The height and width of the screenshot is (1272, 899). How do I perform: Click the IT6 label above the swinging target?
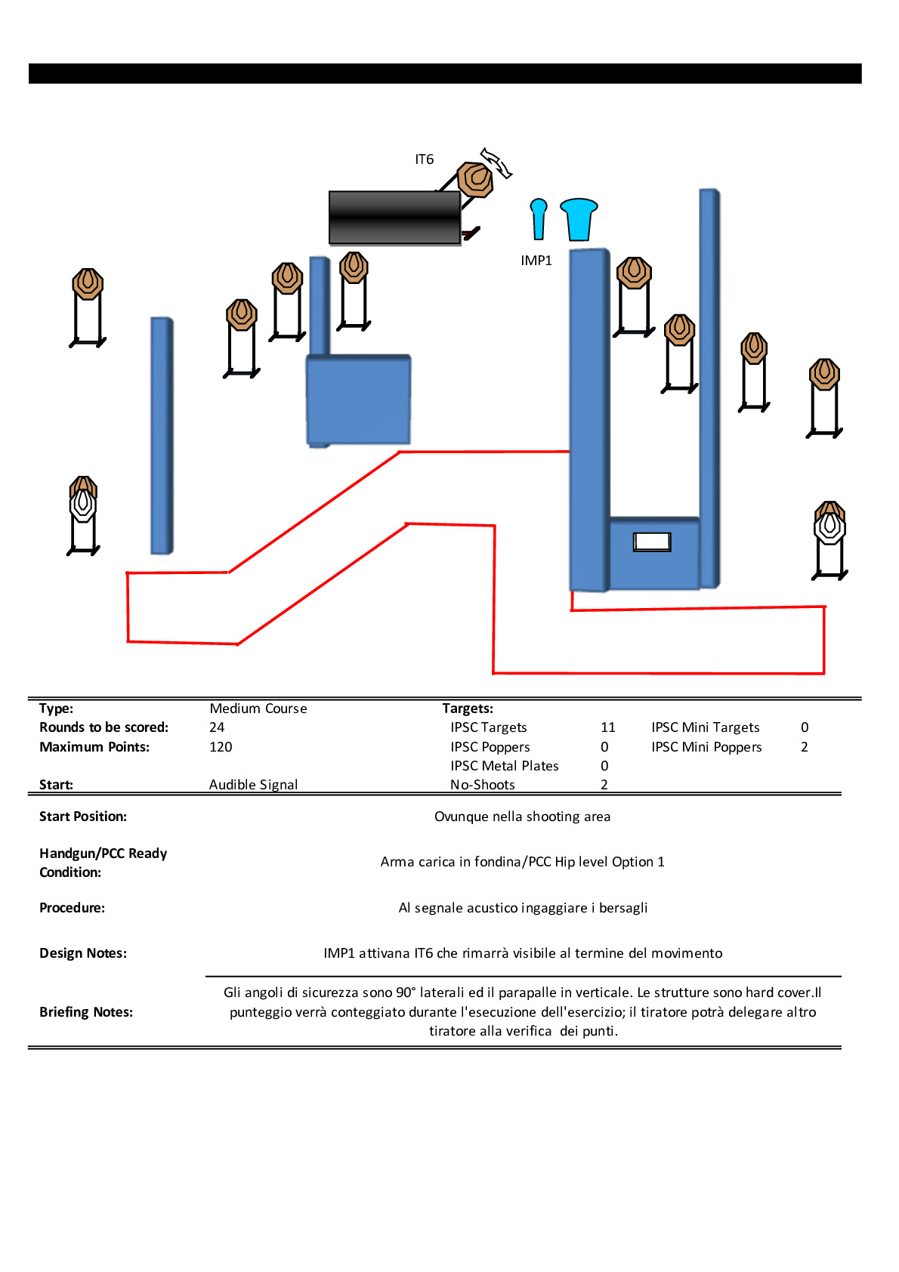click(x=424, y=159)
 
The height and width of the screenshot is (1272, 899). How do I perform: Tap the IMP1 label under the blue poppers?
click(x=536, y=261)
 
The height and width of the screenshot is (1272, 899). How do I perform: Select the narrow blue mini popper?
click(x=539, y=218)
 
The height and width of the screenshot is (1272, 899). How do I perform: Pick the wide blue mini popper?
click(x=579, y=218)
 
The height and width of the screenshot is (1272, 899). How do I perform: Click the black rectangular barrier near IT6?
click(x=394, y=218)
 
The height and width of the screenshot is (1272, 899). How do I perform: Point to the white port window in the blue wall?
click(x=652, y=542)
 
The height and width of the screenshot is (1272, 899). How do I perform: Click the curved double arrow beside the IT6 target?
click(x=496, y=162)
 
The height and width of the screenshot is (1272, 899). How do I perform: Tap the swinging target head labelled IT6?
click(x=476, y=179)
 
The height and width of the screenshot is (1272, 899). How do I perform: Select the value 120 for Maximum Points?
click(x=221, y=747)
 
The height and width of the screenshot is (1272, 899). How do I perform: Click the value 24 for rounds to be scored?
click(x=217, y=727)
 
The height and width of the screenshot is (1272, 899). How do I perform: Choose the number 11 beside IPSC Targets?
click(x=607, y=727)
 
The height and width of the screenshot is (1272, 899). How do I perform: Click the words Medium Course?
click(x=258, y=709)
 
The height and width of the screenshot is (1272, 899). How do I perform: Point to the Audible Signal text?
click(x=253, y=785)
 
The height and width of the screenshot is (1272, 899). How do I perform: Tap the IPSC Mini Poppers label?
click(x=706, y=747)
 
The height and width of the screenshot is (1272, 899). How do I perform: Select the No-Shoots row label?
click(x=483, y=785)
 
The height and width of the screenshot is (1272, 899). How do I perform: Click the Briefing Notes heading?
click(x=86, y=1012)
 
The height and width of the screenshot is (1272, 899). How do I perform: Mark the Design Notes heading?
click(x=83, y=953)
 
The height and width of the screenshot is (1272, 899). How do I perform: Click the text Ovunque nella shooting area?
click(x=522, y=817)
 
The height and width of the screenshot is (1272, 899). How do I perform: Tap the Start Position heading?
click(x=83, y=817)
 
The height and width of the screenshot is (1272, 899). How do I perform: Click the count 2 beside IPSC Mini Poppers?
click(x=805, y=747)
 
